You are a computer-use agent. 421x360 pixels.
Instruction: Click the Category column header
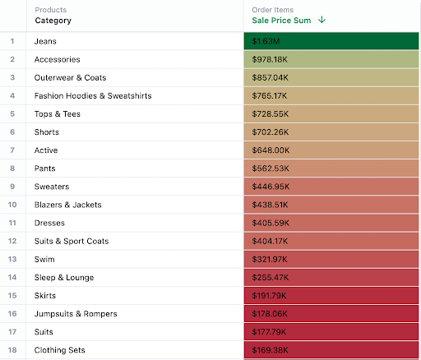coord(53,21)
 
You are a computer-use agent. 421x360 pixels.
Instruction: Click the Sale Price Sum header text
coord(281,21)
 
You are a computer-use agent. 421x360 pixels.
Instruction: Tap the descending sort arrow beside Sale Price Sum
coord(322,21)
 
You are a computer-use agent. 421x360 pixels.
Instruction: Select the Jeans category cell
coord(46,41)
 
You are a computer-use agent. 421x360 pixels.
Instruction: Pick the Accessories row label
coord(57,59)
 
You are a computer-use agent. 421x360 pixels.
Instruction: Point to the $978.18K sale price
coord(271,59)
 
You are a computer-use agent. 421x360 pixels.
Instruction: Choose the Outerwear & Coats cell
coord(70,77)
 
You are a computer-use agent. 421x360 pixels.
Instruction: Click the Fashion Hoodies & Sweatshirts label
coord(93,95)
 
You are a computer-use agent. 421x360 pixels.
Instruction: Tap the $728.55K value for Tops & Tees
coord(271,113)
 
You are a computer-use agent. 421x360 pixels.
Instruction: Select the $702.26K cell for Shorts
coord(271,132)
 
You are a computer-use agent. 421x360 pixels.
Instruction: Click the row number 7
coord(12,150)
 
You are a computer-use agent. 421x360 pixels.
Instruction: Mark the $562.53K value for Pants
coord(271,168)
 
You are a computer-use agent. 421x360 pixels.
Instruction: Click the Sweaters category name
coord(52,187)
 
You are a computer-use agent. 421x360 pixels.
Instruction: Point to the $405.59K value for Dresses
coord(271,223)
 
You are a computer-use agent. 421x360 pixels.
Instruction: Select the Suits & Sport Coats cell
coord(72,241)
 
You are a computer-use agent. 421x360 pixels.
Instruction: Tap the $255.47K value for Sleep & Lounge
coord(271,278)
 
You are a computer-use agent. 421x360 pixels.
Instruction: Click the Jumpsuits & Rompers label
coord(76,314)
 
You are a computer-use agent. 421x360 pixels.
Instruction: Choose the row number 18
coord(12,350)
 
